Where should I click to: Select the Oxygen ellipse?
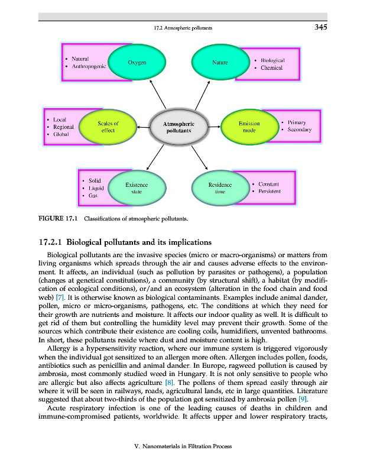click(x=137, y=62)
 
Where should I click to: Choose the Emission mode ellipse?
click(x=249, y=127)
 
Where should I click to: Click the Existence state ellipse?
click(x=137, y=188)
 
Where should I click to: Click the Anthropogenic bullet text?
click(x=89, y=67)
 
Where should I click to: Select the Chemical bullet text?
click(x=271, y=68)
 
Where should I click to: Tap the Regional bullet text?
click(x=63, y=127)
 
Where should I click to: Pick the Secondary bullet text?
click(x=301, y=129)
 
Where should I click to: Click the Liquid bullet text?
click(x=96, y=187)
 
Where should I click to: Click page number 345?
click(x=321, y=27)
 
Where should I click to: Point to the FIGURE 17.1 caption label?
click(x=58, y=221)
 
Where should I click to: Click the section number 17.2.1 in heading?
click(x=50, y=242)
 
